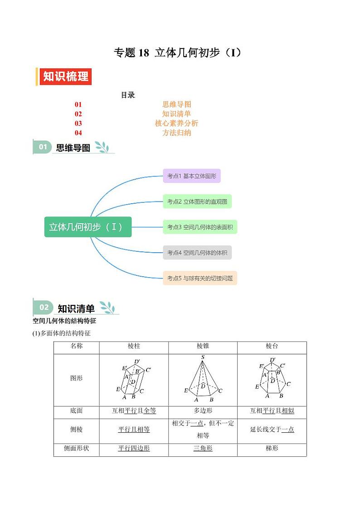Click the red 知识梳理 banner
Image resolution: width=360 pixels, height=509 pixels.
pos(65,77)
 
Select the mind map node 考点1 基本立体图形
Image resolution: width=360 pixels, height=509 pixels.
pos(191,176)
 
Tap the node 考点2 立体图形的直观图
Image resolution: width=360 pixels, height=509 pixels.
pos(197,201)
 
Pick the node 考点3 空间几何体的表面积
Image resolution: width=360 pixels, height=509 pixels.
pos(199,227)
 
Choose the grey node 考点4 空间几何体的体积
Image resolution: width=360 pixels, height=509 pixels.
pos(197,253)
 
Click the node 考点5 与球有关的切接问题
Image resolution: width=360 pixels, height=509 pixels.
pos(199,278)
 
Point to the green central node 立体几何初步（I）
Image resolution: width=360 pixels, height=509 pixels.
pos(88,227)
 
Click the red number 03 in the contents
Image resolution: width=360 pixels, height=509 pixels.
pos(78,123)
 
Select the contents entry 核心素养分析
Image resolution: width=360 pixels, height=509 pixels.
pos(176,123)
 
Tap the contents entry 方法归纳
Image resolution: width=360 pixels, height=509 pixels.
pos(176,133)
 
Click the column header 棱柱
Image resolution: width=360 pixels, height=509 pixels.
pos(134,346)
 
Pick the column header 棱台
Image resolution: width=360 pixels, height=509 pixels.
pos(272,346)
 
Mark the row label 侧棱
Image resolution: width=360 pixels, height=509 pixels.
pos(76,429)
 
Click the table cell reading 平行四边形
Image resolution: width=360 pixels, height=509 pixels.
pos(134,448)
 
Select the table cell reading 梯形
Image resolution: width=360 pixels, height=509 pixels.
pos(272,448)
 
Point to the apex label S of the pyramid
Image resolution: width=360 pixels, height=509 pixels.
pos(203,357)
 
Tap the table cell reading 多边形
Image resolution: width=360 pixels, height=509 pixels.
pos(203,411)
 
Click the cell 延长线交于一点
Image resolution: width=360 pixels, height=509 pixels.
pos(272,429)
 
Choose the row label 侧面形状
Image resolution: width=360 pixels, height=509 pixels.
pos(76,448)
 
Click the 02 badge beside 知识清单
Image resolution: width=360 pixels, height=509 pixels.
pos(44,308)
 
